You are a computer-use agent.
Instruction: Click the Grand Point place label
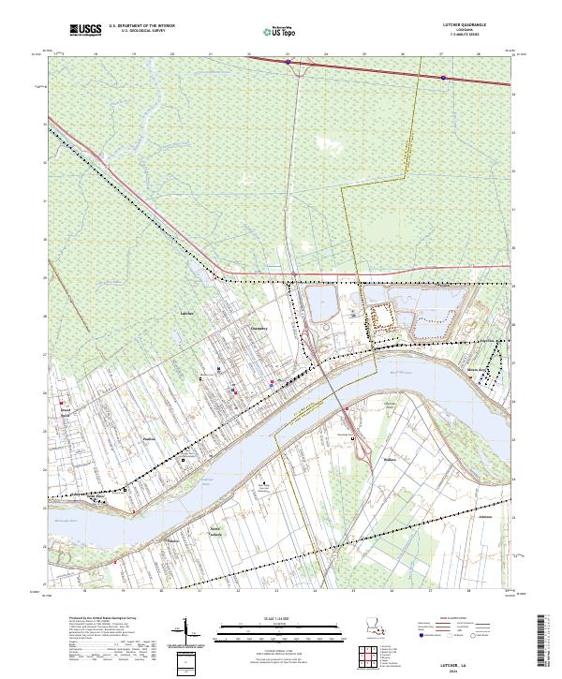coord(67,411)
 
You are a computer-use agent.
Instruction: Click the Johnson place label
coord(484,516)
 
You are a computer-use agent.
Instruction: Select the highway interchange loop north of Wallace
coord(353,438)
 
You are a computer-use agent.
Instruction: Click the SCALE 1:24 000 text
coord(280,618)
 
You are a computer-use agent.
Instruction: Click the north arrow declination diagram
coord(186,633)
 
